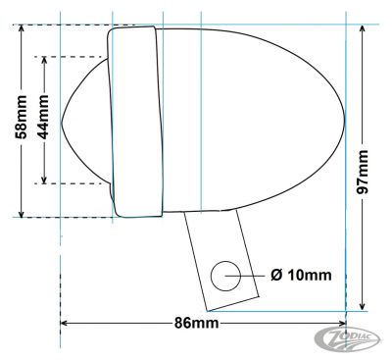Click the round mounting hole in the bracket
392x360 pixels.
(x=226, y=276)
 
